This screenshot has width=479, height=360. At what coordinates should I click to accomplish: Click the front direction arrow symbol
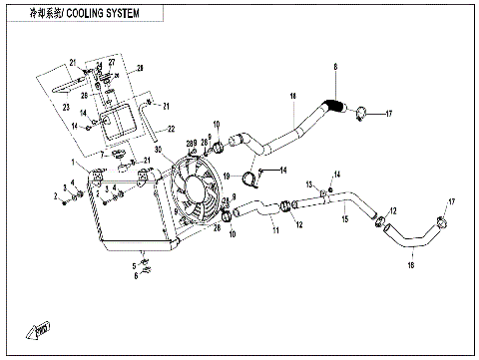(x=42, y=327)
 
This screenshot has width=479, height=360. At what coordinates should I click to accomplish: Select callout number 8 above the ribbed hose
(x=335, y=68)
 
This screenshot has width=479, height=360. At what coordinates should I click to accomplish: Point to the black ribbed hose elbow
(x=333, y=104)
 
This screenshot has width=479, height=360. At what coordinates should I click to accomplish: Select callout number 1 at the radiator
(x=73, y=163)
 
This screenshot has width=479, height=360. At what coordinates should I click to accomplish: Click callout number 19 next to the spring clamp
(x=227, y=177)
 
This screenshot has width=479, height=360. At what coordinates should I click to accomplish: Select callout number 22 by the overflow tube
(x=171, y=129)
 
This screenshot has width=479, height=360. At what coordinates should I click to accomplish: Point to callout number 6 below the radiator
(x=136, y=276)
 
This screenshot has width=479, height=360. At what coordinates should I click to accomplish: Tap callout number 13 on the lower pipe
(x=310, y=183)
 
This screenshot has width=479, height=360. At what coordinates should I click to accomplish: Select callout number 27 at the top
(x=112, y=63)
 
